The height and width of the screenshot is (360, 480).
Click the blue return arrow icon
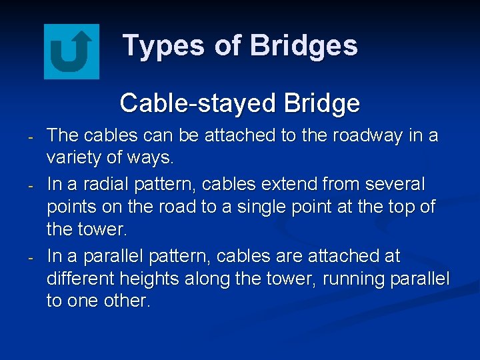point(71,51)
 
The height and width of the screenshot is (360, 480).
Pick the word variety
point(74,158)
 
